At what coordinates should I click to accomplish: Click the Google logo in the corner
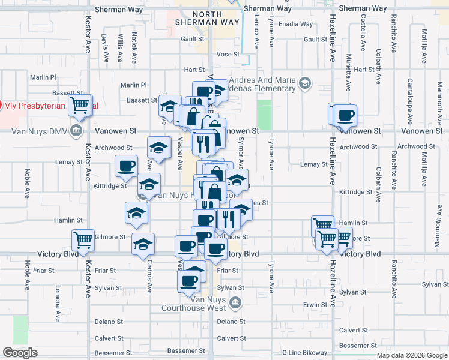point(20,353)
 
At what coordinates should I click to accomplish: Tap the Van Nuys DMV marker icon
point(76,130)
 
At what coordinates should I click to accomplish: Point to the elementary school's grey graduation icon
point(306,82)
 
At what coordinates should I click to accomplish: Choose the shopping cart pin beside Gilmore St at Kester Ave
point(83,240)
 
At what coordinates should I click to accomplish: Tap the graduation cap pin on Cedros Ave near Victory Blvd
point(143,243)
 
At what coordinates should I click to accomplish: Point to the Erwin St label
point(315,305)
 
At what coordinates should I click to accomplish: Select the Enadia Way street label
point(295,25)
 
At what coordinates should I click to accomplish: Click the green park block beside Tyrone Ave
point(264,114)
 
